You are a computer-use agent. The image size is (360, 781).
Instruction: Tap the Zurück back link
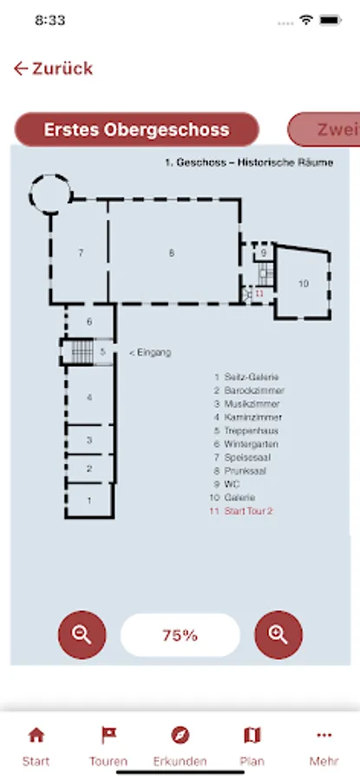[x=53, y=69]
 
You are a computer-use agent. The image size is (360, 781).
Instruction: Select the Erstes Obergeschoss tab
[x=136, y=129]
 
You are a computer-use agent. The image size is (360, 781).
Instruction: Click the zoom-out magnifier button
[x=82, y=635]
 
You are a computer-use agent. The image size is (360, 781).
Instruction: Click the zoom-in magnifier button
[x=278, y=635]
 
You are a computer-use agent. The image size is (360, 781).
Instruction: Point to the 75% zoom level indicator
[x=180, y=635]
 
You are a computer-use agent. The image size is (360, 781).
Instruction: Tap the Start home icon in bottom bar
[x=36, y=735]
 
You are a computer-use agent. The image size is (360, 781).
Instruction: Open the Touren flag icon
[x=108, y=735]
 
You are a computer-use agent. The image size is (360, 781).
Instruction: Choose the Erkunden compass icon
[x=180, y=735]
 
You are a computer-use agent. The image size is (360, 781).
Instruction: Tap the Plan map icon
[x=252, y=735]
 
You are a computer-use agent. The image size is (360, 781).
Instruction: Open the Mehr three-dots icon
[x=324, y=735]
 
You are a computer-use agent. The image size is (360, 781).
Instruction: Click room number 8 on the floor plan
[x=172, y=253]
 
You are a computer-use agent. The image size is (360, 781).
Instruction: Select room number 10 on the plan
[x=304, y=284]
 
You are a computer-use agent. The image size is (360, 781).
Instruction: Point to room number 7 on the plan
[x=81, y=253]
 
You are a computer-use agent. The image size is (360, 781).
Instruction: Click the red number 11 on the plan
[x=259, y=294]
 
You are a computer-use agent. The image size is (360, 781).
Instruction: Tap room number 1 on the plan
[x=89, y=501]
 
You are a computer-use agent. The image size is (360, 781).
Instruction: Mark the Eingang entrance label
[x=150, y=352]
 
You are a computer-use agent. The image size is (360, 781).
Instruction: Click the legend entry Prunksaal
[x=245, y=470]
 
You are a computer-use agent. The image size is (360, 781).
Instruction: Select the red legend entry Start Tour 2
[x=248, y=511]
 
